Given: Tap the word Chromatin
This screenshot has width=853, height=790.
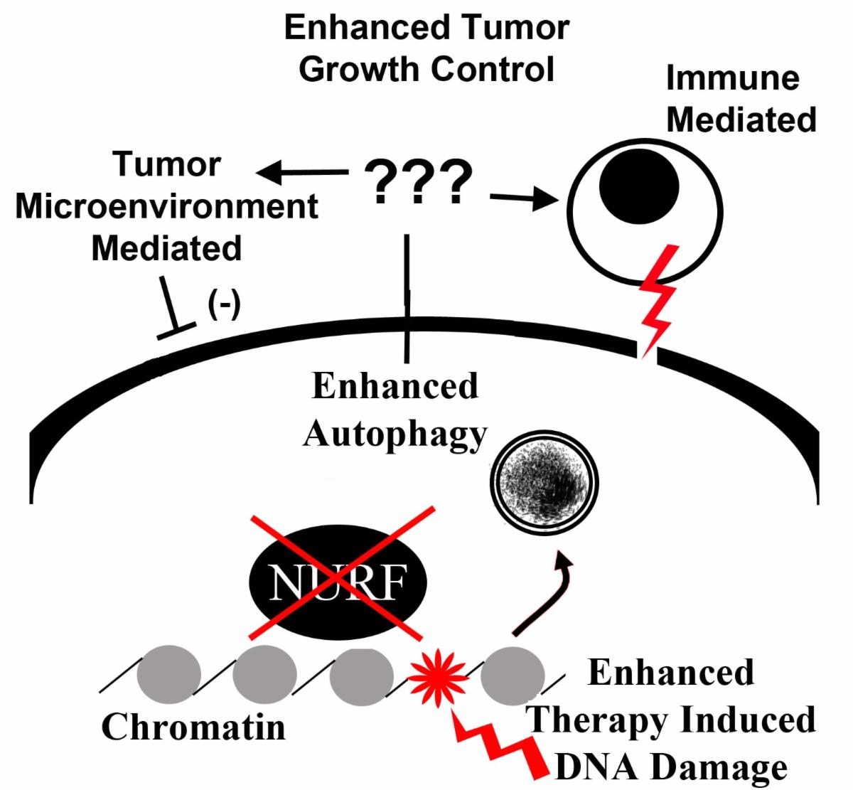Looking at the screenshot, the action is click(x=194, y=727).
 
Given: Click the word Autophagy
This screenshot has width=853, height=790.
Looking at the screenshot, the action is click(x=395, y=434).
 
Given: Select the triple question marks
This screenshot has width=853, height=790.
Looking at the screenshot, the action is click(x=418, y=182).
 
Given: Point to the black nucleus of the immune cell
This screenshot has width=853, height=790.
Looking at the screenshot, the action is click(x=639, y=186).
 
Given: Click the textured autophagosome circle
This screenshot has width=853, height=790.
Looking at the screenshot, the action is click(x=544, y=483).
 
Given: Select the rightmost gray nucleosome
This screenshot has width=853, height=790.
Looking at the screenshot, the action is click(x=513, y=676).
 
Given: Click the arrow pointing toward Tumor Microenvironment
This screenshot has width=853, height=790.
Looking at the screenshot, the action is click(x=302, y=172).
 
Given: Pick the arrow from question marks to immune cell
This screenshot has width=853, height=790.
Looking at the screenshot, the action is click(x=525, y=198).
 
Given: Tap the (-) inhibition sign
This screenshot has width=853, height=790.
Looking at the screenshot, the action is click(x=224, y=304).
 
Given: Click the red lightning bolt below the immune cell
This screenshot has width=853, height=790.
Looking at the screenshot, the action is click(x=657, y=301).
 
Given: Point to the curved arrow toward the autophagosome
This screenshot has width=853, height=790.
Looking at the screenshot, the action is click(x=542, y=596).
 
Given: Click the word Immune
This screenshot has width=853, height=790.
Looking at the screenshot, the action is click(x=733, y=78).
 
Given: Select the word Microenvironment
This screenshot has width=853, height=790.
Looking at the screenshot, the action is click(x=166, y=206).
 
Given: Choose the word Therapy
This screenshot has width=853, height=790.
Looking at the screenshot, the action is click(x=596, y=720).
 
